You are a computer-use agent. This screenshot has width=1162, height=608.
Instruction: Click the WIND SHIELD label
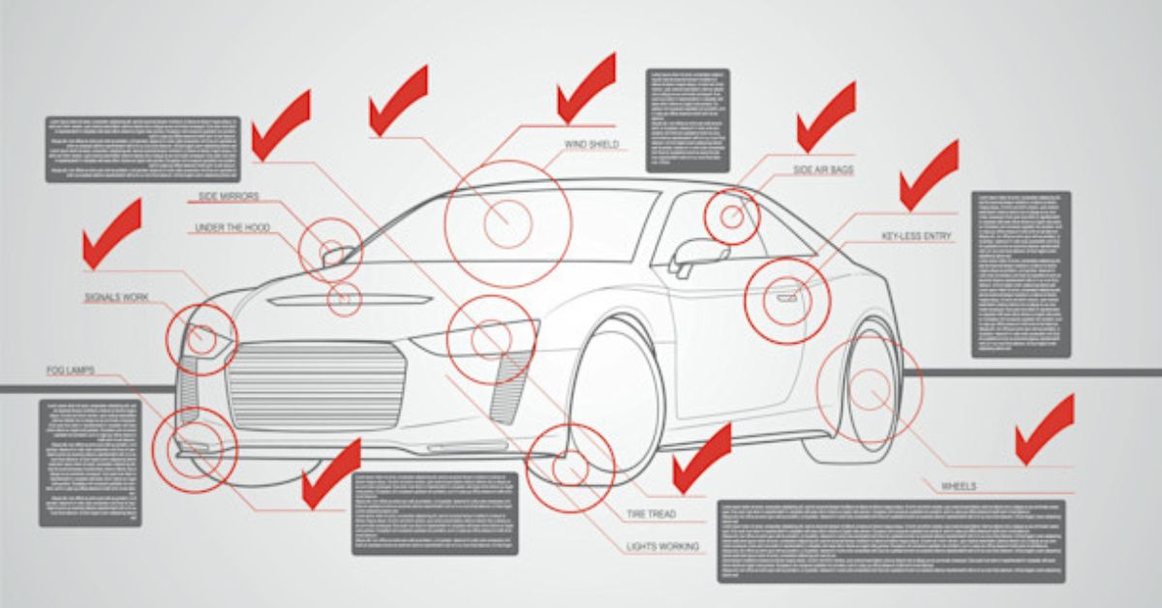[591, 145]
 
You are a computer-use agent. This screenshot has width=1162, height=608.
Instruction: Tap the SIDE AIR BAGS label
[823, 170]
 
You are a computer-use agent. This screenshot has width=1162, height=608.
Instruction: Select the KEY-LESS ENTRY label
[916, 236]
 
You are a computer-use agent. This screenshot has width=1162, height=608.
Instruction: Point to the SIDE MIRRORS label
[229, 197]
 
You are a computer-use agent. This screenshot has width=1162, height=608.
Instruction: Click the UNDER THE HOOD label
[232, 228]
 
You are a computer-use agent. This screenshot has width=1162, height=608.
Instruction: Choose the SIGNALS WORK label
[116, 297]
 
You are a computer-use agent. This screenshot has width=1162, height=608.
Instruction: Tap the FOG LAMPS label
[70, 371]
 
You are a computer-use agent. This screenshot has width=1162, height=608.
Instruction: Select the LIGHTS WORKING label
[662, 547]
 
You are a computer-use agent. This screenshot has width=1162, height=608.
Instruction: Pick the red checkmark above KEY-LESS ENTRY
[929, 174]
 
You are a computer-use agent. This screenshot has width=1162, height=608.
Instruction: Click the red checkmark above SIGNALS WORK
[111, 232]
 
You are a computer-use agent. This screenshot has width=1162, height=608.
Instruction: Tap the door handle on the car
[786, 297]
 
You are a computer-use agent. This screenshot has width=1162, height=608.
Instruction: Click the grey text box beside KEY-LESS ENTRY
[1022, 274]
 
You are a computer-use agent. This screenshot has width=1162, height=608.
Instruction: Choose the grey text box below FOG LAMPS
[90, 462]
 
